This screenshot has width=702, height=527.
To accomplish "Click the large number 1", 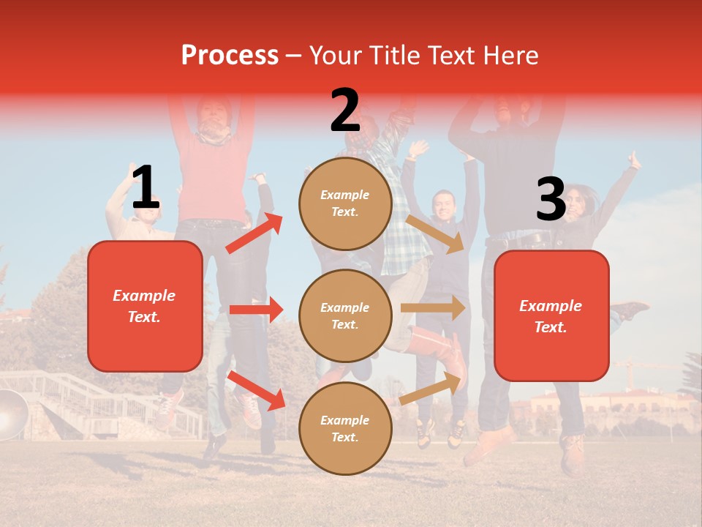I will click(146, 188).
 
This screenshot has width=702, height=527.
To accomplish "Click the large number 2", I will click(345, 111).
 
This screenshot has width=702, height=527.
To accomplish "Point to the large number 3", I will click(551, 199).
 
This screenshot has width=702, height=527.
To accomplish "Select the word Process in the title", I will click(230, 55).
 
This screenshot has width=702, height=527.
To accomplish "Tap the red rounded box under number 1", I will click(145, 306).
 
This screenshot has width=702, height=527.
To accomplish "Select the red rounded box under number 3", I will click(551, 316).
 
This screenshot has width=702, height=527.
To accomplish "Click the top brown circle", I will click(345, 203).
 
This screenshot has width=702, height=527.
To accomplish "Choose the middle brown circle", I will click(345, 316).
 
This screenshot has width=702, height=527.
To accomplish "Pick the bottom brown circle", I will click(345, 429).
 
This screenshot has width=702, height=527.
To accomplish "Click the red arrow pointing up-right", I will click(254, 233).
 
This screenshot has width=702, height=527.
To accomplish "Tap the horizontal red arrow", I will click(256, 310).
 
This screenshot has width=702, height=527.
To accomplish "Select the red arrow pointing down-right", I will click(256, 390).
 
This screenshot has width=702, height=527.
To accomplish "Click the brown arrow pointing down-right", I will click(436, 233).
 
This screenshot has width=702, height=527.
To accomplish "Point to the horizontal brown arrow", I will click(433, 307).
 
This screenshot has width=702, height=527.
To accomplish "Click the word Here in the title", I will click(510, 55).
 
